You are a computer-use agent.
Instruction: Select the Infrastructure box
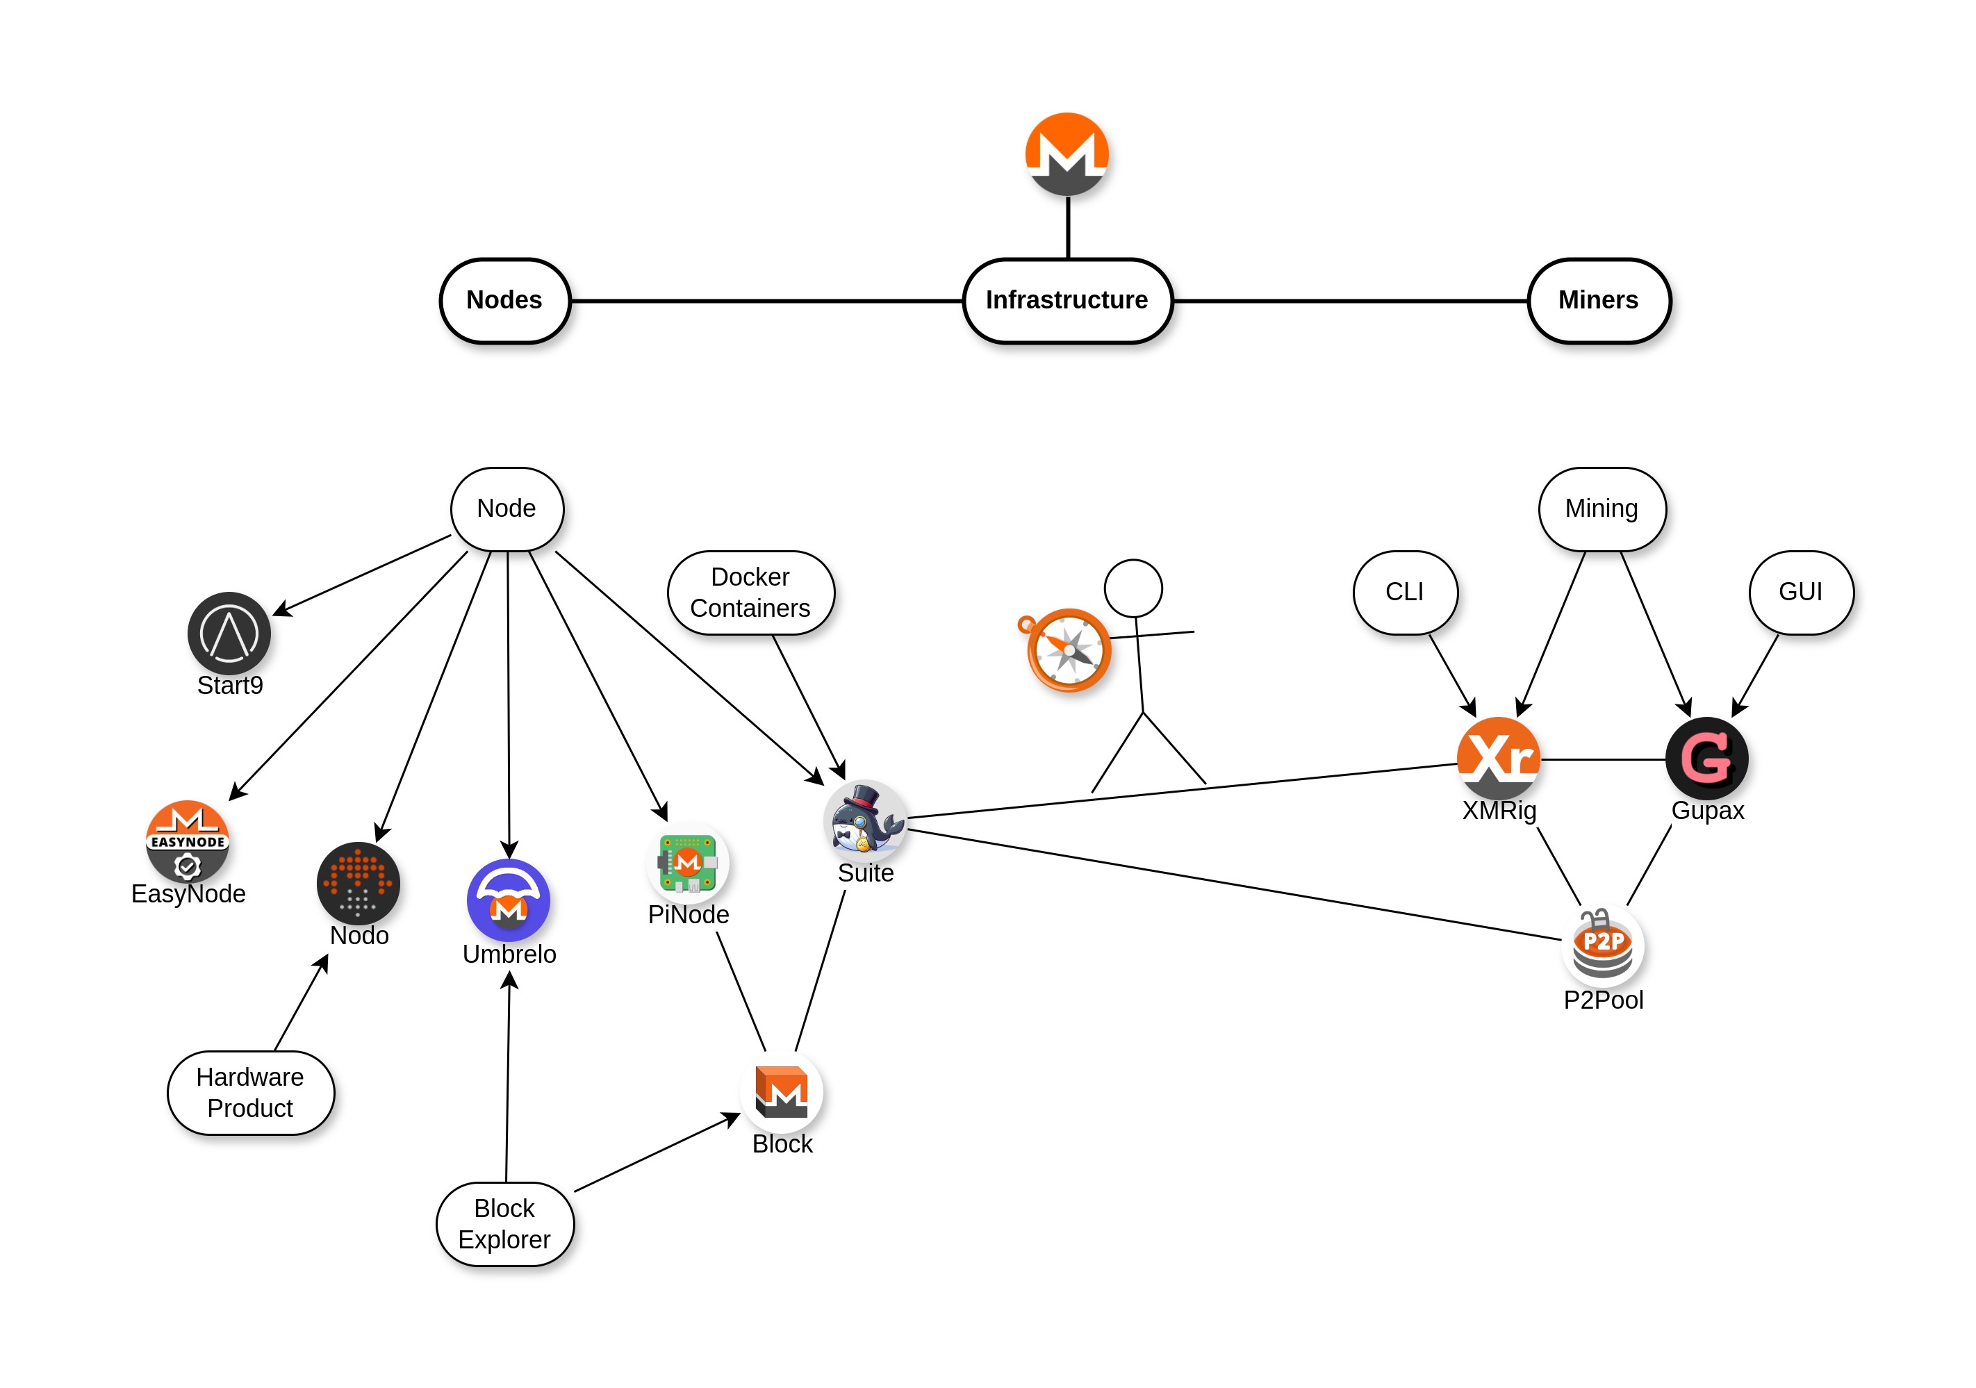1067,300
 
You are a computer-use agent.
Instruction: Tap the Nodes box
505,300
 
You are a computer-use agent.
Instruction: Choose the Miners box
1598,300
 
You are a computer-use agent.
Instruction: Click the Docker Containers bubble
750,593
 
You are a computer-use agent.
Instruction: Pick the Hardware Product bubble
250,1093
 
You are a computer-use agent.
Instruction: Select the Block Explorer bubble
505,1223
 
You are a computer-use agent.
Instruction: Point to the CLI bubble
1405,592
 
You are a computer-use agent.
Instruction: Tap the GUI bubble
1800,592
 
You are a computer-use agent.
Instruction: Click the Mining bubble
1602,509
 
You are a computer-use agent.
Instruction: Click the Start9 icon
229,634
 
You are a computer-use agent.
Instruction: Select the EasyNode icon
188,841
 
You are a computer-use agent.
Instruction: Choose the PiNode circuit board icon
688,862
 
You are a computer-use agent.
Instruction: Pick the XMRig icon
1499,758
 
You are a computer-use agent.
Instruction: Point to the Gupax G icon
1706,758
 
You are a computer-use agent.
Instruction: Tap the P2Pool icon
1602,945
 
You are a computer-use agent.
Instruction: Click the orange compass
1068,650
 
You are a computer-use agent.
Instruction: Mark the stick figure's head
1133,588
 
